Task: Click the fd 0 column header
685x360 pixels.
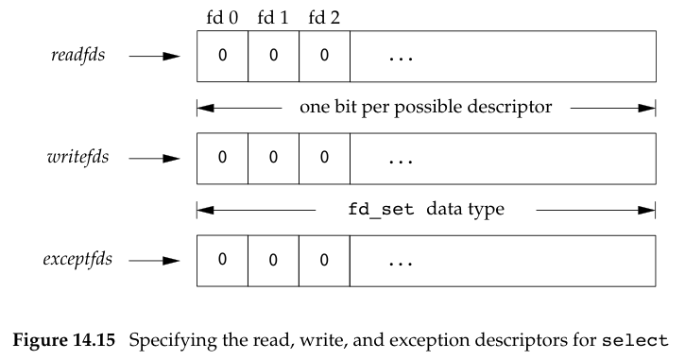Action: click(222, 16)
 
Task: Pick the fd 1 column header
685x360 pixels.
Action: click(273, 16)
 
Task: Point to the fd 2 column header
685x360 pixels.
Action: click(324, 16)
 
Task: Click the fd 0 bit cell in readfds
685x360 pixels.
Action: click(223, 56)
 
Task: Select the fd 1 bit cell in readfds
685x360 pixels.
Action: click(274, 56)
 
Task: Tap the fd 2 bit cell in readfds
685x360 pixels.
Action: click(324, 56)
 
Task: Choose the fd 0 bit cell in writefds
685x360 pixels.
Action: click(223, 157)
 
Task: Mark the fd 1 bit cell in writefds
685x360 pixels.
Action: click(274, 157)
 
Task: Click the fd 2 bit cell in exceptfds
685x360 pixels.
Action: click(324, 258)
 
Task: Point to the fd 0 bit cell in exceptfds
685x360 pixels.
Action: click(223, 258)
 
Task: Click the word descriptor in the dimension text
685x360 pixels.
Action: click(513, 107)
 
